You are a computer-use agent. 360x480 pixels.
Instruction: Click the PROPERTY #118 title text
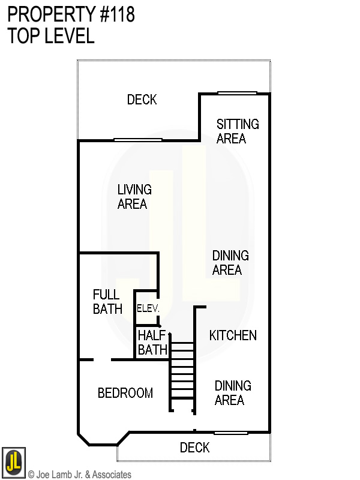pyautogui.click(x=71, y=15)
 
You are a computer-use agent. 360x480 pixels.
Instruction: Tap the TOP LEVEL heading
pyautogui.click(x=51, y=36)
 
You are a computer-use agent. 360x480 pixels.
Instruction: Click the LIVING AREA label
pyautogui.click(x=134, y=197)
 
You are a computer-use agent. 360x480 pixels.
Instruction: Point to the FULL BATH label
pyautogui.click(x=107, y=302)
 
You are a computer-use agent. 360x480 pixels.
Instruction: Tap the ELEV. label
pyautogui.click(x=148, y=308)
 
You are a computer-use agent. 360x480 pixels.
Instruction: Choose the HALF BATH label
pyautogui.click(x=152, y=343)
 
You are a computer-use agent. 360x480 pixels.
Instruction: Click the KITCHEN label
pyautogui.click(x=233, y=335)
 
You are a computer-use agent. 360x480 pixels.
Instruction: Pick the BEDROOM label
pyautogui.click(x=125, y=394)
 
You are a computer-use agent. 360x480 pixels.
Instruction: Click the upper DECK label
pyautogui.click(x=142, y=100)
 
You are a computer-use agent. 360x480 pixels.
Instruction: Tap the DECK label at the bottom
pyautogui.click(x=194, y=448)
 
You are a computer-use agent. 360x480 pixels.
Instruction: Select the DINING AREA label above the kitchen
pyautogui.click(x=230, y=263)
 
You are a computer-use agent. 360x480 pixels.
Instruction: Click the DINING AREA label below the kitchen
pyautogui.click(x=233, y=393)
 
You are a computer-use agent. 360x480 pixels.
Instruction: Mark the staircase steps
pyautogui.click(x=182, y=375)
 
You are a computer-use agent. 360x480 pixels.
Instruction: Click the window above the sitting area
pyautogui.click(x=237, y=93)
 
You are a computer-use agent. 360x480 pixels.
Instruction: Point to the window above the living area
pyautogui.click(x=138, y=140)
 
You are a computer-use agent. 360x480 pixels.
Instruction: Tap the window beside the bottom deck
pyautogui.click(x=231, y=433)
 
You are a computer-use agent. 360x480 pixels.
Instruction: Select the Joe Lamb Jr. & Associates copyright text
pyautogui.click(x=80, y=475)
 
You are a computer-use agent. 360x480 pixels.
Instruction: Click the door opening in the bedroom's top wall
pyautogui.click(x=102, y=360)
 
